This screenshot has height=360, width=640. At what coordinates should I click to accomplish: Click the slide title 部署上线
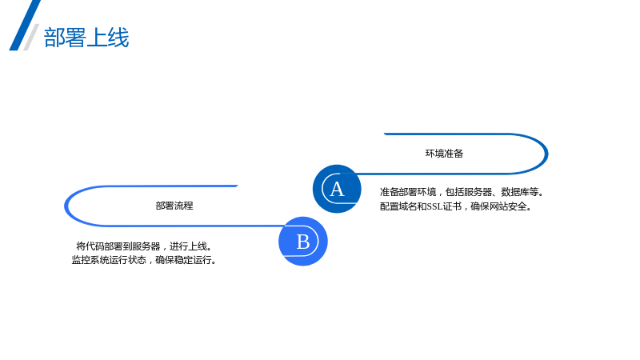[x=86, y=38]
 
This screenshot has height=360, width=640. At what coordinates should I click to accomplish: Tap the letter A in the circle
[x=337, y=189]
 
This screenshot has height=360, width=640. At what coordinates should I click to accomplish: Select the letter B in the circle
[x=303, y=242]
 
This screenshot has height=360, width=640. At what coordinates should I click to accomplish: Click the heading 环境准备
[x=445, y=154]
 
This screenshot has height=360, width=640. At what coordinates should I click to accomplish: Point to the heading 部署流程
[x=174, y=206]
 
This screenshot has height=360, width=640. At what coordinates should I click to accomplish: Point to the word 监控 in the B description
[x=81, y=260]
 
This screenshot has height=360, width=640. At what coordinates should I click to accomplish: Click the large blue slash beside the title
[x=25, y=26]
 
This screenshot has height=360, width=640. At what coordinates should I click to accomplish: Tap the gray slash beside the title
[x=31, y=37]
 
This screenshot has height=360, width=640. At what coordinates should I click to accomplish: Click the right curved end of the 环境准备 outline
[x=546, y=154]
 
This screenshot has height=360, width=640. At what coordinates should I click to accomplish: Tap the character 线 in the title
[x=118, y=38]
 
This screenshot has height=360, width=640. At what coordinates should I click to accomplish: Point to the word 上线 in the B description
[x=198, y=246]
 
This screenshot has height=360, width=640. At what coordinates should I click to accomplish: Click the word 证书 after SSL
[x=452, y=206]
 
